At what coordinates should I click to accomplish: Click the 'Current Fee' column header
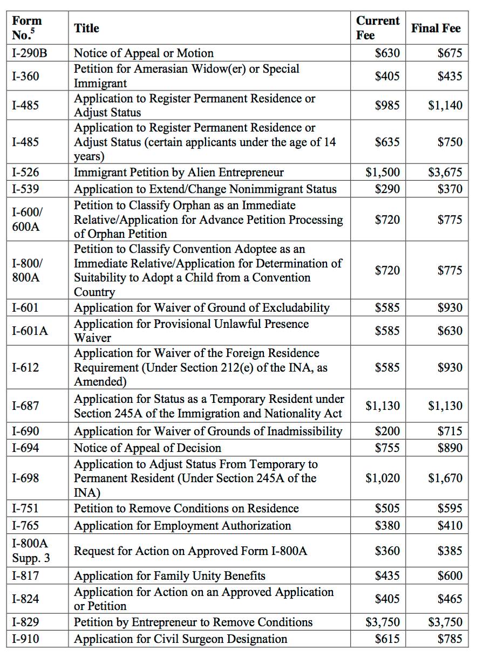pyautogui.click(x=377, y=28)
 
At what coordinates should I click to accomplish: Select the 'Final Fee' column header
pyautogui.click(x=436, y=28)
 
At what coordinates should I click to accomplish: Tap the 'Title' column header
pyautogui.click(x=86, y=28)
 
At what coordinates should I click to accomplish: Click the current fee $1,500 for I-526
pyautogui.click(x=383, y=173)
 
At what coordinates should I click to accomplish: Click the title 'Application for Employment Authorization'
pyautogui.click(x=182, y=525)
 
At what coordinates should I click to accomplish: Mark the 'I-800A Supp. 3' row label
pyautogui.click(x=30, y=551)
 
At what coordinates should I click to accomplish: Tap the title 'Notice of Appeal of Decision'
pyautogui.click(x=147, y=448)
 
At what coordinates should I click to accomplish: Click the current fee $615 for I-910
pyautogui.click(x=387, y=639)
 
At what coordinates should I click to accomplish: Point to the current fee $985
pyautogui.click(x=387, y=105)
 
